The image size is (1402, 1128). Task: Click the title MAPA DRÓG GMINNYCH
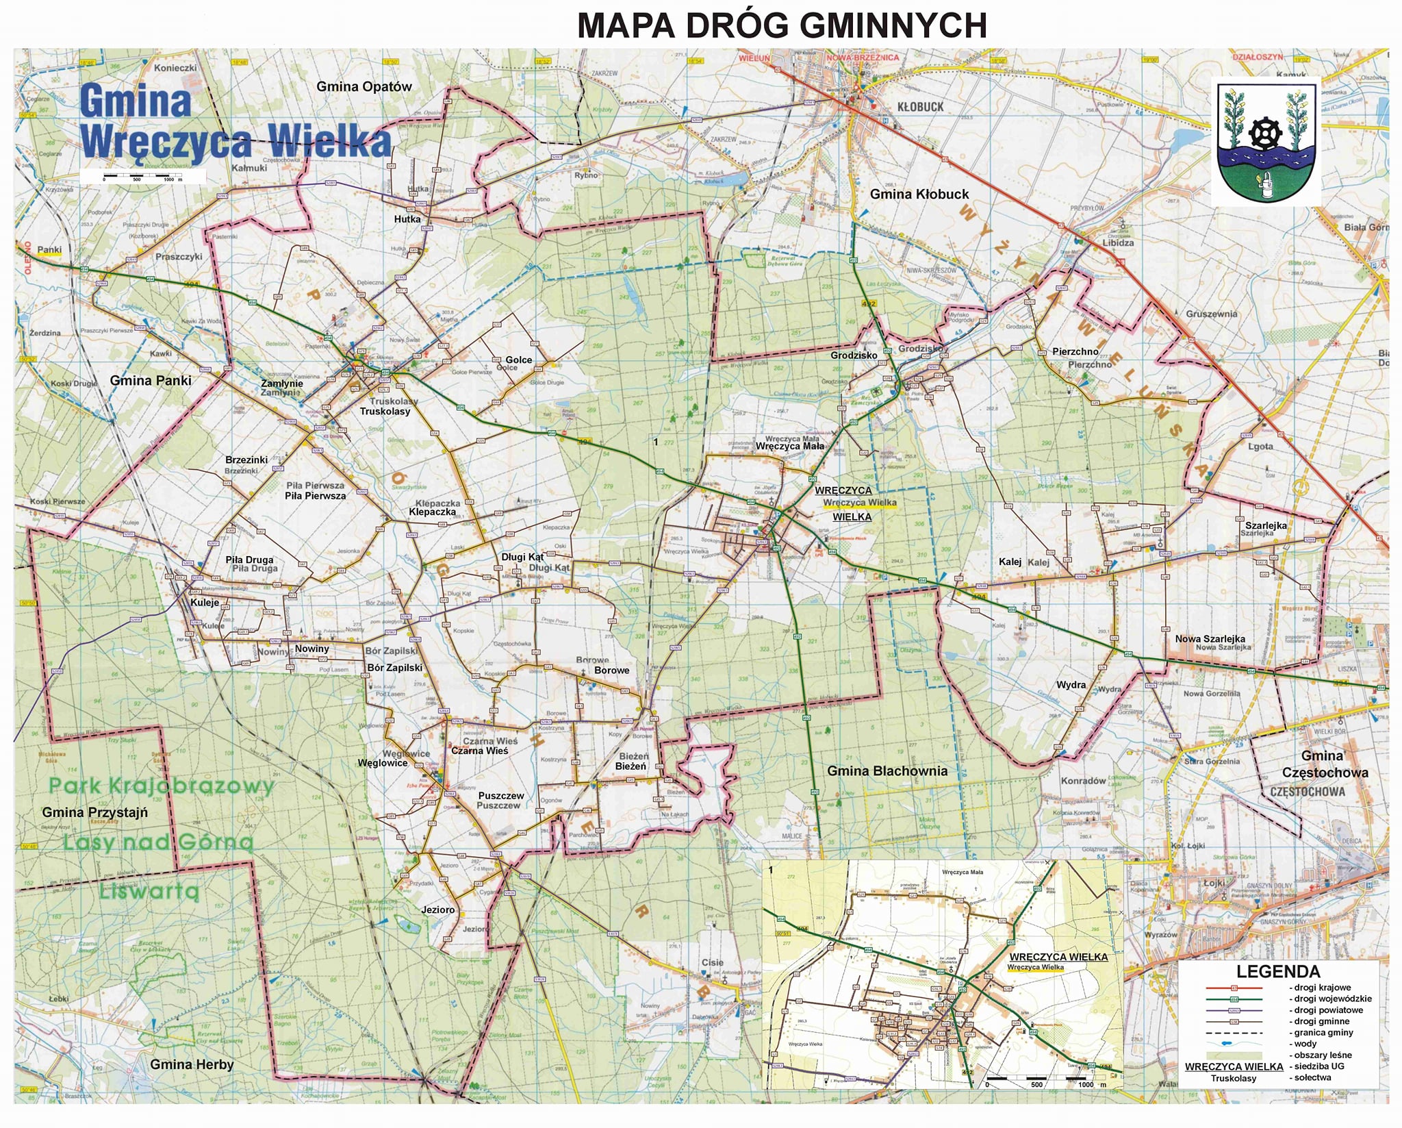(782, 26)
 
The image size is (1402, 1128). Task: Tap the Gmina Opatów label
(364, 86)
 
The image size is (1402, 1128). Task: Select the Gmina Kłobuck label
(919, 195)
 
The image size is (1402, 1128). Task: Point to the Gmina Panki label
(151, 381)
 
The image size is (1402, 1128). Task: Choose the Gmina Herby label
(192, 1064)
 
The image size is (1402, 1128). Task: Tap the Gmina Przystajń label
(94, 812)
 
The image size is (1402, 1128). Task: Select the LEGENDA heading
(1277, 971)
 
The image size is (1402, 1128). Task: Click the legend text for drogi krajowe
(1319, 988)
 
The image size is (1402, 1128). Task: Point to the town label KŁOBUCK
(920, 107)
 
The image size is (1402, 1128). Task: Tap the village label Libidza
(1118, 242)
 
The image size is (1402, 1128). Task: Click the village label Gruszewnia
(1211, 314)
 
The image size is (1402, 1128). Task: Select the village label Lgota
(1260, 446)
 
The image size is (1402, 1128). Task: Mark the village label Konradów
(1083, 781)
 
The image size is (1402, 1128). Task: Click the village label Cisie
(712, 962)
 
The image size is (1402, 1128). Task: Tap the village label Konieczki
(175, 68)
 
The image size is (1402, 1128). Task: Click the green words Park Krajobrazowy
(162, 786)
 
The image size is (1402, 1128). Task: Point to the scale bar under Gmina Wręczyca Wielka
(142, 177)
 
